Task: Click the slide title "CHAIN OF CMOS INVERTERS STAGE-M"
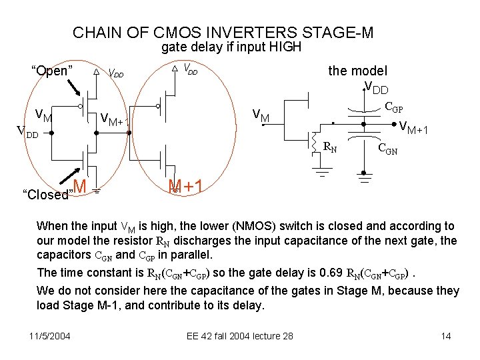(223, 32)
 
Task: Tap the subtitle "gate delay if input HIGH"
(231, 47)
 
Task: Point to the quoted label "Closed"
(47, 195)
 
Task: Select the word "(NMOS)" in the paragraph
(239, 227)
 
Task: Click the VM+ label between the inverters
(113, 120)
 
